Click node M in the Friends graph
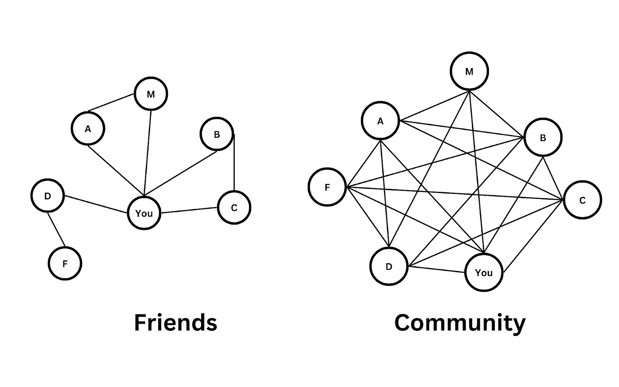click(151, 94)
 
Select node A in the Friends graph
click(88, 128)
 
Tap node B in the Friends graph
click(217, 134)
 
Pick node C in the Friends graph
click(234, 208)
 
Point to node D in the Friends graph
click(48, 196)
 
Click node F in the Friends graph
click(65, 264)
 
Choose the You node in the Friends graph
click(144, 213)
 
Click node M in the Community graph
click(469, 71)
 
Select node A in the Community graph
click(380, 121)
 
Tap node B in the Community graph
click(543, 138)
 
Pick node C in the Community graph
click(582, 200)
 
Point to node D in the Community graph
click(389, 266)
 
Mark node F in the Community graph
click(327, 187)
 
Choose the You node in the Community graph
click(484, 273)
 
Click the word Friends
click(176, 322)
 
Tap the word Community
click(460, 322)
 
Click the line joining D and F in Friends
click(56, 230)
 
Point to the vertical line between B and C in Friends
click(234, 164)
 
